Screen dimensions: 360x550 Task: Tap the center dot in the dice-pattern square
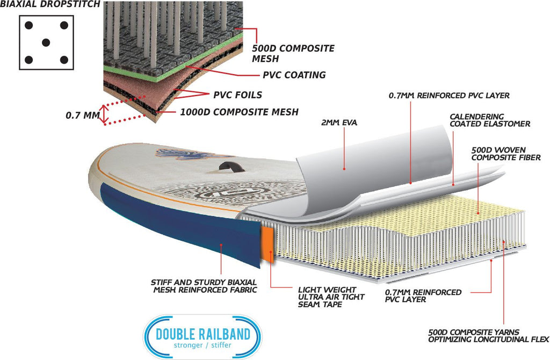click(x=46, y=42)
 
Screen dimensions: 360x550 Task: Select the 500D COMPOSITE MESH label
click(x=293, y=54)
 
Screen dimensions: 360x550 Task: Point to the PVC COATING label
click(x=294, y=75)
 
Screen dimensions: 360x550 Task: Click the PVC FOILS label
click(x=237, y=95)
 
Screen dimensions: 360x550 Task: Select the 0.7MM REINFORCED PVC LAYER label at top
click(x=448, y=96)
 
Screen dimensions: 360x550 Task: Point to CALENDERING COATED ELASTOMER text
click(x=489, y=120)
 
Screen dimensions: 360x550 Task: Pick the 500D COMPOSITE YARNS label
click(x=488, y=336)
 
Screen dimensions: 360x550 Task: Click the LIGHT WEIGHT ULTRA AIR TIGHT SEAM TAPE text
click(x=331, y=297)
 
